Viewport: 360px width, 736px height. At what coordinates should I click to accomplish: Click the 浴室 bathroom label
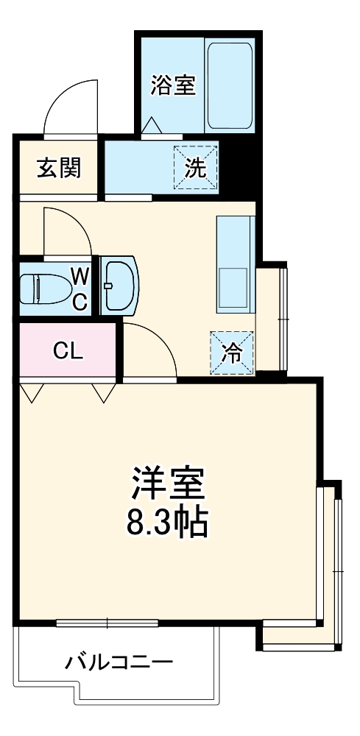(x=173, y=86)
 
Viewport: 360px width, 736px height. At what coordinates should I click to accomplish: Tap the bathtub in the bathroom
(x=230, y=85)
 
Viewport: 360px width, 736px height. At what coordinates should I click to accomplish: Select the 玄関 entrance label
(x=59, y=168)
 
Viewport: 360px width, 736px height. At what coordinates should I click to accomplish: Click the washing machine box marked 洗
(x=196, y=168)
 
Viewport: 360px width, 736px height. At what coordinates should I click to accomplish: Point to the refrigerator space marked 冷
(x=232, y=354)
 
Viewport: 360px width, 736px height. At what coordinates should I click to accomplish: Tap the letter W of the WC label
(x=80, y=277)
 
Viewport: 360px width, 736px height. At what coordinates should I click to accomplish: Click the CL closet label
(x=67, y=350)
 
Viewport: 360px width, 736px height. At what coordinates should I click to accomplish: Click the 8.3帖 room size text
(x=169, y=523)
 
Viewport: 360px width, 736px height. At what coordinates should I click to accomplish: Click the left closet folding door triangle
(x=32, y=392)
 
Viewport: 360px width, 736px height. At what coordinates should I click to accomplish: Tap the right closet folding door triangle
(x=104, y=392)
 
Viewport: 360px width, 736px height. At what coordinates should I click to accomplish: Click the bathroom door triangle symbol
(x=151, y=126)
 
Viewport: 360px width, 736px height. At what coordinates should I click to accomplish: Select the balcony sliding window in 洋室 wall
(x=107, y=624)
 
